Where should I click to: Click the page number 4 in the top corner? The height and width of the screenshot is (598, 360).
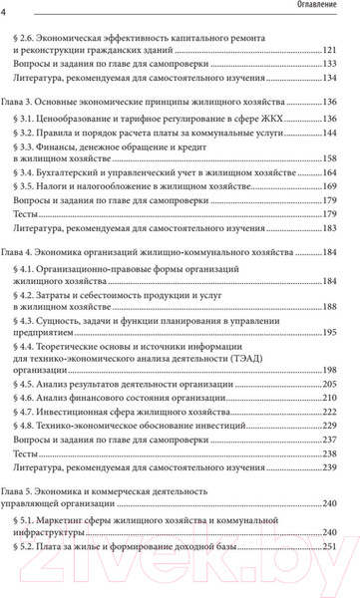(x=5, y=10)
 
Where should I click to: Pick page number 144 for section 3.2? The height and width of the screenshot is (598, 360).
(x=337, y=132)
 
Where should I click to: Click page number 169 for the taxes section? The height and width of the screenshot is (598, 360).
(x=337, y=187)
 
